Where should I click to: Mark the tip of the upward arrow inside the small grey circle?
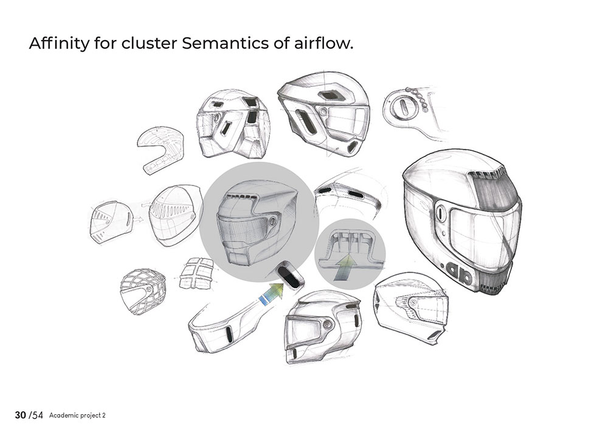click(349, 253)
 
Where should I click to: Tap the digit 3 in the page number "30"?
click(18, 415)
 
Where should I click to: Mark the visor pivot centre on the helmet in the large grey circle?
click(271, 221)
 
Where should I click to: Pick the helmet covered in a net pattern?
click(143, 291)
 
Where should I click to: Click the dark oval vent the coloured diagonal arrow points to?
click(291, 276)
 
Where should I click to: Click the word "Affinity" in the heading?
click(59, 43)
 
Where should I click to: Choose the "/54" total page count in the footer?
click(36, 415)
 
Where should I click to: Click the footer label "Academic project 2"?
click(77, 415)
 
